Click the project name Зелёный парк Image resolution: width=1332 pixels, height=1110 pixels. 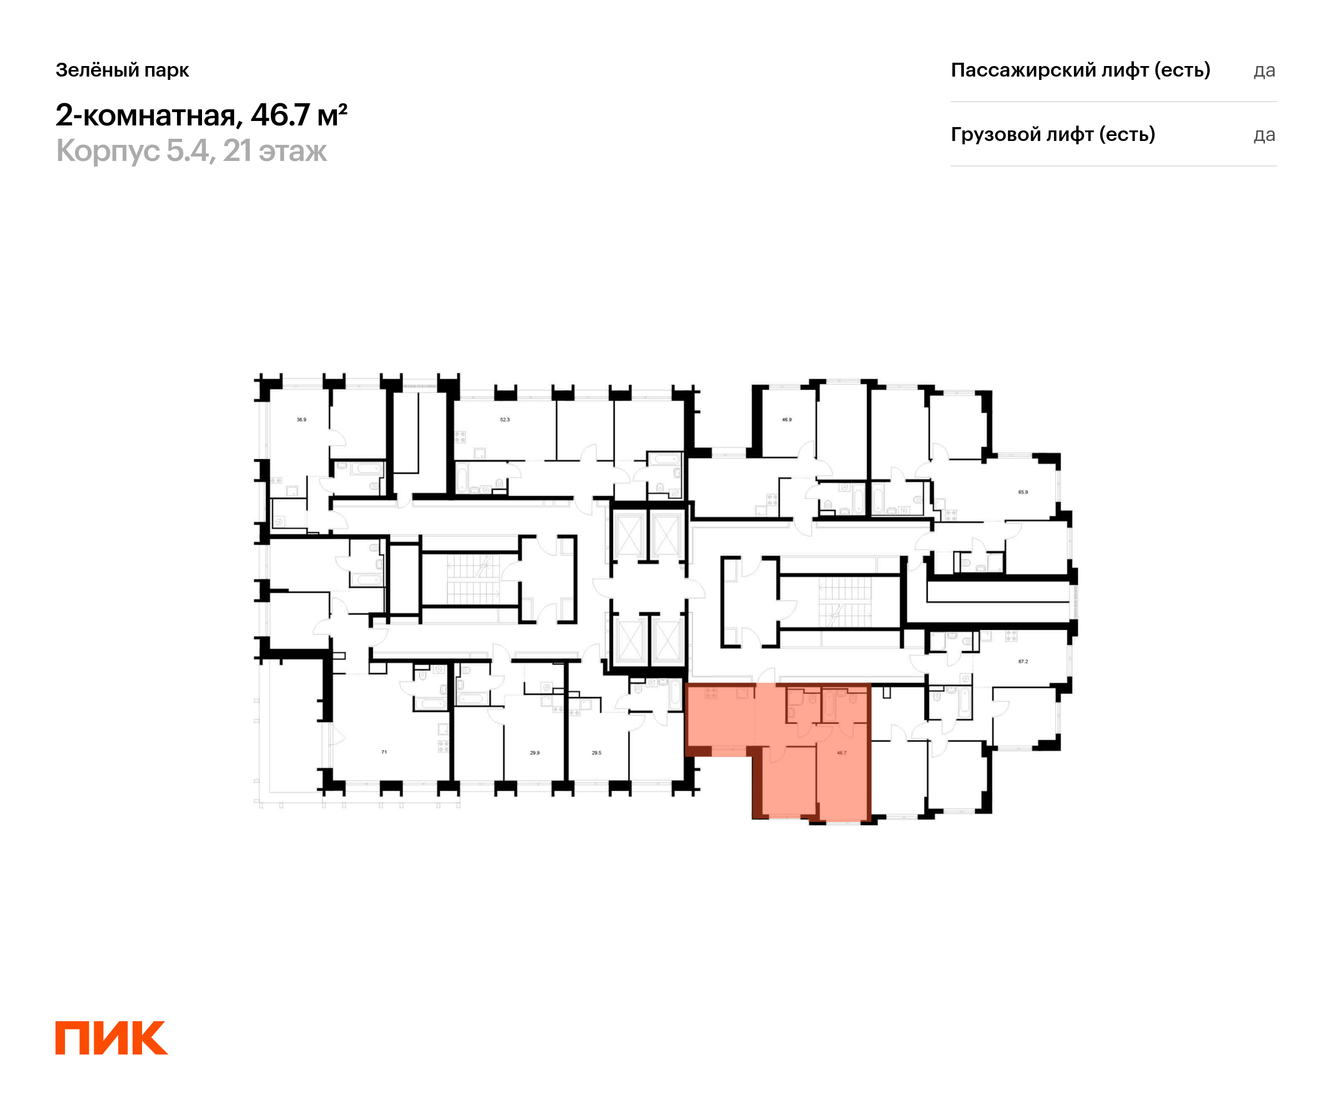[x=123, y=70]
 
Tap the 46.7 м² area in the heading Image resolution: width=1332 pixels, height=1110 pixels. [x=299, y=115]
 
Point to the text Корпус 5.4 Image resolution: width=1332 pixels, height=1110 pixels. [x=135, y=151]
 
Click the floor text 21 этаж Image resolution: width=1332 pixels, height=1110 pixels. [x=275, y=151]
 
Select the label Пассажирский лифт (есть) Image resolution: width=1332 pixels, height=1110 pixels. [x=1080, y=70]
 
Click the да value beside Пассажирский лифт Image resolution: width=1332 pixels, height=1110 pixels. [x=1264, y=71]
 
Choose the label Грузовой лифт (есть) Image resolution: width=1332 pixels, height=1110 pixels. [x=1053, y=134]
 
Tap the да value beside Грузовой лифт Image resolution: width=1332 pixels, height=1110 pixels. [x=1264, y=135]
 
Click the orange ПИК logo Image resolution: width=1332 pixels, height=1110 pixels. [x=112, y=1038]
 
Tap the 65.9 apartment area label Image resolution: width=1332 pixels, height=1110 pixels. [x=1023, y=492]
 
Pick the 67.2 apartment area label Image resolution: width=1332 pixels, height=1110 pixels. [x=1023, y=662]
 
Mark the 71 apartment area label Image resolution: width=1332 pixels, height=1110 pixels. [x=384, y=752]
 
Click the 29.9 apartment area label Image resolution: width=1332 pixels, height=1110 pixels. [x=534, y=753]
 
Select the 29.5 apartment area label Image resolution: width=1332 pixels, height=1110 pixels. [x=596, y=753]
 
